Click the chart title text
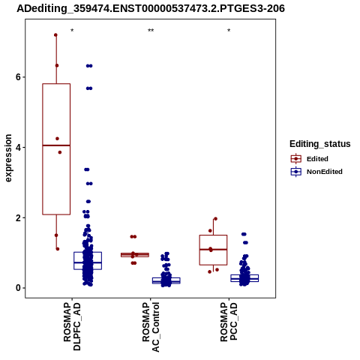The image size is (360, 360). (151, 9)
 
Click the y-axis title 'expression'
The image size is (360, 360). (8, 158)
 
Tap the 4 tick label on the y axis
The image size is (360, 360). (18, 147)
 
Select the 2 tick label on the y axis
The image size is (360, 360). (18, 217)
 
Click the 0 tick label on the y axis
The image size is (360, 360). (18, 288)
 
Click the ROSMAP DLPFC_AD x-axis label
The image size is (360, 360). (72, 326)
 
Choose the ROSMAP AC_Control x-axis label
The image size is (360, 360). (151, 327)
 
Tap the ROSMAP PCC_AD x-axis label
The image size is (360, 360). (229, 322)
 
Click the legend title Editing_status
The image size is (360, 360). (320, 144)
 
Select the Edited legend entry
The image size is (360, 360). (310, 159)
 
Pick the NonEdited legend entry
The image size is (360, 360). (316, 172)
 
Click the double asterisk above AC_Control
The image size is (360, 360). (151, 31)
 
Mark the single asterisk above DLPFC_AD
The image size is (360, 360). (72, 31)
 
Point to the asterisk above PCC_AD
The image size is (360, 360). (229, 31)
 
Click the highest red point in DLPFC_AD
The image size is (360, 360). (55, 35)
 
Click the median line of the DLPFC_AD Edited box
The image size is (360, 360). (56, 145)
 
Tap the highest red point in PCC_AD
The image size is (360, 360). (215, 219)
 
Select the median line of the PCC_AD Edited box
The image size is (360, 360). (213, 250)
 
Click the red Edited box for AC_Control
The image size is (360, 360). (135, 255)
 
